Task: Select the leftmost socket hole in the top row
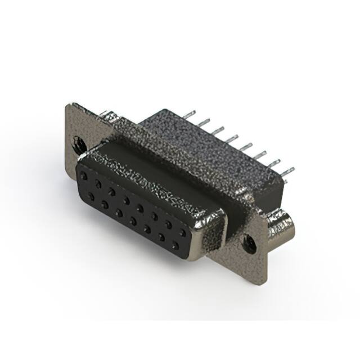click(x=84, y=176)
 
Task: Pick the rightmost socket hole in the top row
click(x=183, y=232)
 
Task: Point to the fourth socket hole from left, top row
click(x=126, y=200)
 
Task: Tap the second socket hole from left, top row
click(x=98, y=184)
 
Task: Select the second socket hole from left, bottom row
click(x=105, y=204)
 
